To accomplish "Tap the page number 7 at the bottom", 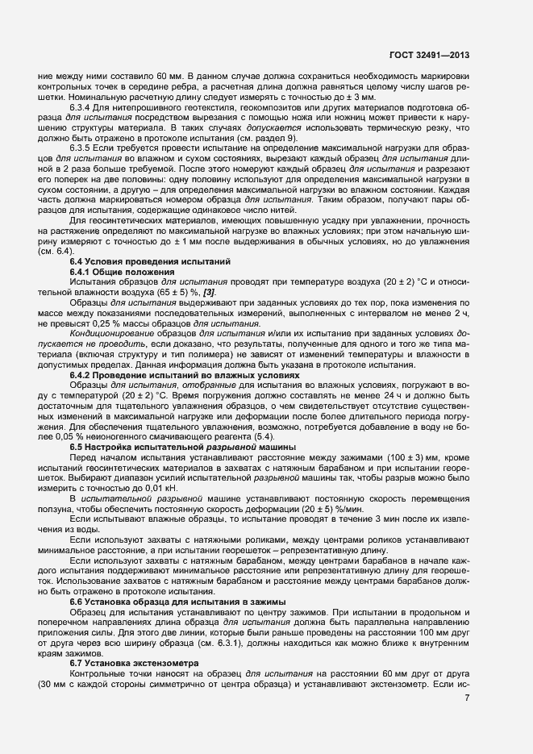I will (x=468, y=698).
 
